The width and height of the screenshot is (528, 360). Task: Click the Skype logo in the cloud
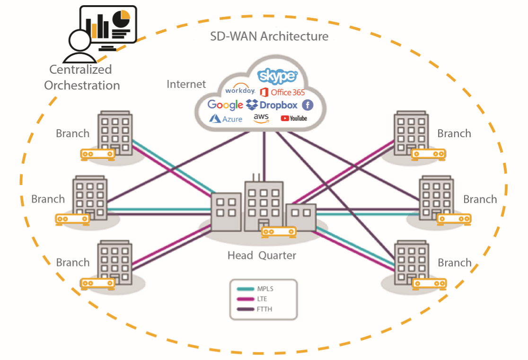(277, 76)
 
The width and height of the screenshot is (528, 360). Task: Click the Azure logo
(226, 118)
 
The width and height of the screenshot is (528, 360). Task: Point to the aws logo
(261, 118)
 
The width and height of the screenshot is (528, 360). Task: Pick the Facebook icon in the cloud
(308, 105)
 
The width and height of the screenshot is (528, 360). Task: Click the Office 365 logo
(282, 92)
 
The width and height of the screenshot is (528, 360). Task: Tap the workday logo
(240, 90)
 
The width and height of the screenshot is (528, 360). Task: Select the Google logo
(225, 105)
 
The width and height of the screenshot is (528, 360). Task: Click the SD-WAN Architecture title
(269, 36)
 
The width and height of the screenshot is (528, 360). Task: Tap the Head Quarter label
(262, 255)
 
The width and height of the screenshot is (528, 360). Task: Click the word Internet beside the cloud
(186, 84)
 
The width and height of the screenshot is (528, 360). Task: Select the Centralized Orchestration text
(81, 78)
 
